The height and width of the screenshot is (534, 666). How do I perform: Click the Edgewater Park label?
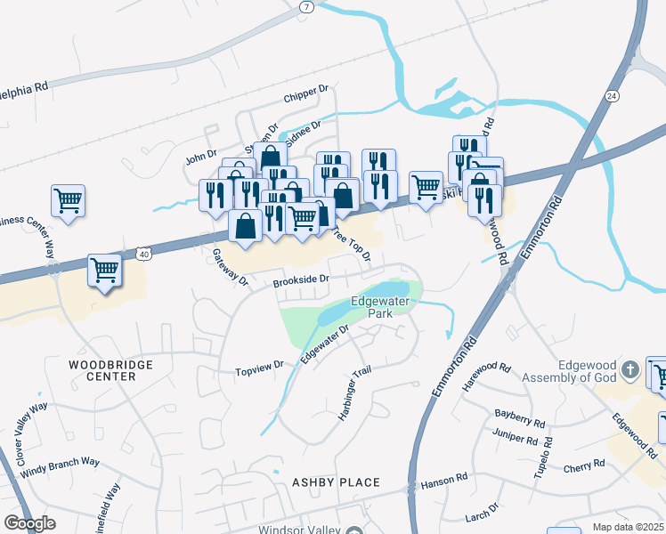coord(380,308)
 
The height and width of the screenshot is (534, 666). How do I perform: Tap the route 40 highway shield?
coord(143,254)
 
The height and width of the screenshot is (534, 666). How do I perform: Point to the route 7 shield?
coord(307,6)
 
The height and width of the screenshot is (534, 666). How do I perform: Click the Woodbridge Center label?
coord(111,370)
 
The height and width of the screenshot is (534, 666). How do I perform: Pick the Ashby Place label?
coord(336,482)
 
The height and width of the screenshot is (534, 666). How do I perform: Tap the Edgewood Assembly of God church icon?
coord(629,368)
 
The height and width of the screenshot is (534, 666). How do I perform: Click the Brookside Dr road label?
coord(302,279)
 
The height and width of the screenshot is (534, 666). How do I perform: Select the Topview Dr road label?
coord(258,366)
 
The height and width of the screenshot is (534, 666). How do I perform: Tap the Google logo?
coord(29,523)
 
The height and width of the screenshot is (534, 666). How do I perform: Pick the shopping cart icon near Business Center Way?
coord(68,200)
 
